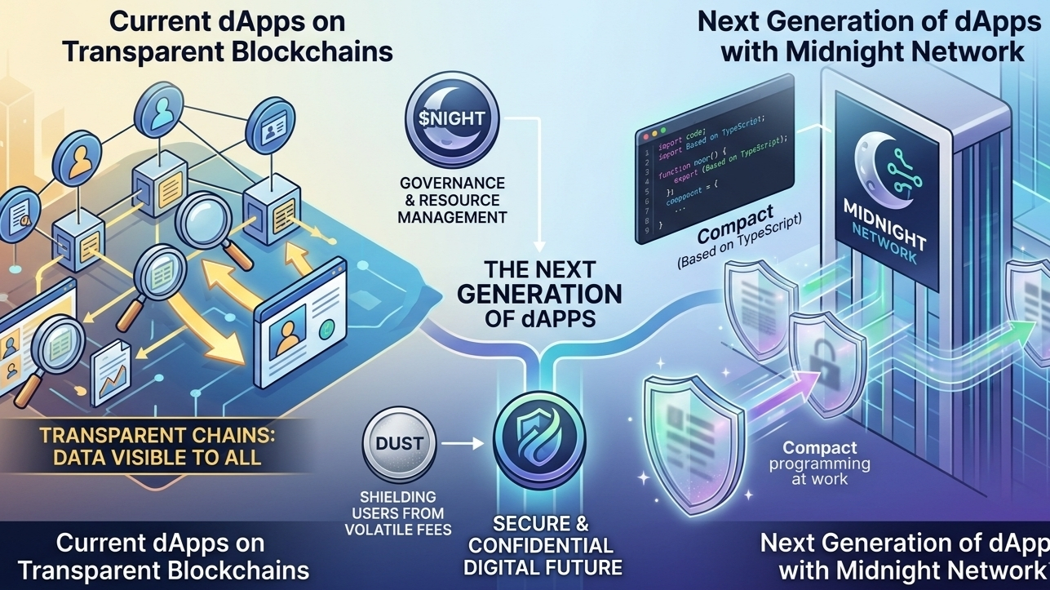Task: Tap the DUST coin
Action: (x=399, y=445)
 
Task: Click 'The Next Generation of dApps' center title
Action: (x=538, y=294)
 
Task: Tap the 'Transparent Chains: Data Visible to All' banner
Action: (x=157, y=444)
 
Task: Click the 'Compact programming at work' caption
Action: (x=820, y=463)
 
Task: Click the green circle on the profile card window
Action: (x=328, y=330)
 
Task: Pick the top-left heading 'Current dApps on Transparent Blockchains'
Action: (x=227, y=36)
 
